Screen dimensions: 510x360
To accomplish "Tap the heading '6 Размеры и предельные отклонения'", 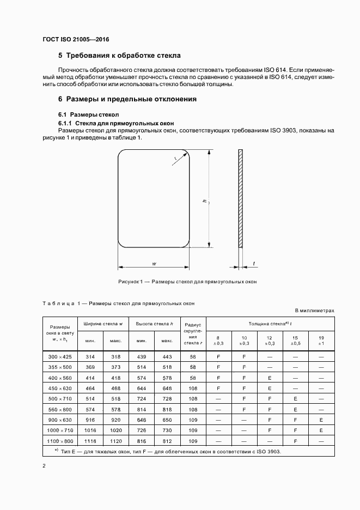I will pos(127,99).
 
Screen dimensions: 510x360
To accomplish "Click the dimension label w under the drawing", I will pos(155,264).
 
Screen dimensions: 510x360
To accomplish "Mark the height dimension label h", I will pos(204,202).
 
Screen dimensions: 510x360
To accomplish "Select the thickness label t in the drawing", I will pos(253,264).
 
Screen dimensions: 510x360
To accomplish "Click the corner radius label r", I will pos(176,159).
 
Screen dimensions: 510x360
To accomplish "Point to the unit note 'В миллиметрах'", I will pos(314,311).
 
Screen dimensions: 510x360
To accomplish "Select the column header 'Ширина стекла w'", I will pos(103,324).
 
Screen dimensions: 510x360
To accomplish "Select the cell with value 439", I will pos(142,356).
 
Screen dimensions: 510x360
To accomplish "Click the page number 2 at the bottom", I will pos(44,466).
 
